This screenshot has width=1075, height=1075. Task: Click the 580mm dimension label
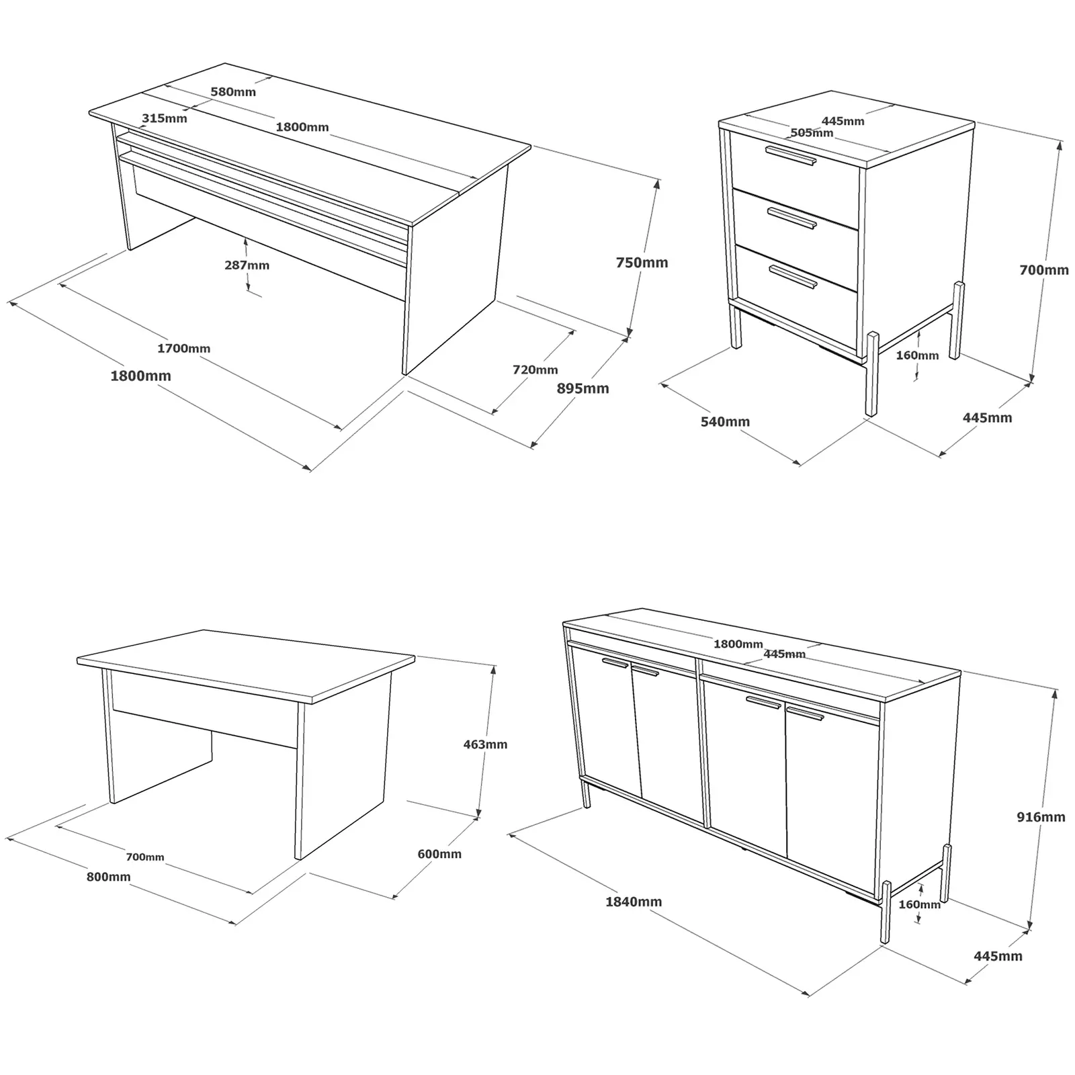point(233,92)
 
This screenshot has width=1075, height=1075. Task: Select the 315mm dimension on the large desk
point(165,119)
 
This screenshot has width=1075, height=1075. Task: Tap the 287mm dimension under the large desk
point(247,265)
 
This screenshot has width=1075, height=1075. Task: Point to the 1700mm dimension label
point(183,349)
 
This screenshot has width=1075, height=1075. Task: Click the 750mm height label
point(642,263)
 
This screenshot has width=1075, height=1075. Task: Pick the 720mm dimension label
point(535,370)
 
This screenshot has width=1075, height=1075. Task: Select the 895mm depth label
point(583,388)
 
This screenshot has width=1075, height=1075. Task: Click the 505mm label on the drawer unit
point(812,133)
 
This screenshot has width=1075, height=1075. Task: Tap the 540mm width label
point(725,422)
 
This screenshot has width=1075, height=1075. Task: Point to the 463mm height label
point(485,744)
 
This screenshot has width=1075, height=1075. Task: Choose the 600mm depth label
point(439,854)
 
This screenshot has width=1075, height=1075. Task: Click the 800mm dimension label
point(108,877)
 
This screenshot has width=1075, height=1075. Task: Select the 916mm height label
point(1041,817)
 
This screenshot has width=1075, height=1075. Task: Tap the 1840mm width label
point(634,902)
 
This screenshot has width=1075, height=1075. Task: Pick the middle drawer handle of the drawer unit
point(792,218)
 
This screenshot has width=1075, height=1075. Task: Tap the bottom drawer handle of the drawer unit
point(793,276)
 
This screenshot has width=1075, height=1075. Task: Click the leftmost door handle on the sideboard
point(615,663)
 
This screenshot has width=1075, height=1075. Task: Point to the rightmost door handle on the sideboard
point(805,714)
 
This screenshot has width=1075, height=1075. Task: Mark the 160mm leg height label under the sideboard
point(919,904)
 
